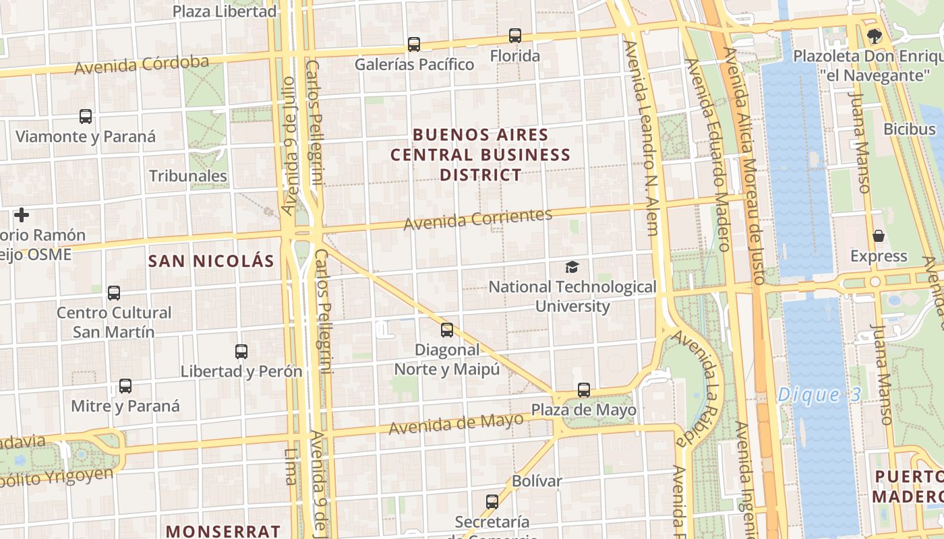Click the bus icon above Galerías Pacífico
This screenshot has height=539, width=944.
414,44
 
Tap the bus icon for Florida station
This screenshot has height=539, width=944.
515,35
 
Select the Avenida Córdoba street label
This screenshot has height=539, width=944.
142,65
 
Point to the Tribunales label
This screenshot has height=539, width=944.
188,177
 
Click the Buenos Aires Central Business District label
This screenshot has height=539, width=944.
481,155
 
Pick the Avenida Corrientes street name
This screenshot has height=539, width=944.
478,219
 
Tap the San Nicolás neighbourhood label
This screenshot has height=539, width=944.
211,261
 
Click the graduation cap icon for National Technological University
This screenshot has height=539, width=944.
572,267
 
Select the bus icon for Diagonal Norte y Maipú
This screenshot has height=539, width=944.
447,330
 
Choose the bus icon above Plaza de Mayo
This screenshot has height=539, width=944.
584,390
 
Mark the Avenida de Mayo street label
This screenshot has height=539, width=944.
456,424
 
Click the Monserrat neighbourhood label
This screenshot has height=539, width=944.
223,531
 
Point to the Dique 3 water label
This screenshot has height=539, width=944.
819,395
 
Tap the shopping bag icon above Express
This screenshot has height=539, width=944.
879,236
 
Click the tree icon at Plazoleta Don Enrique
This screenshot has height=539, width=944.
875,36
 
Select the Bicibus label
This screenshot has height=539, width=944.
910,129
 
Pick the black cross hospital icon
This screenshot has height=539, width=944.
22,215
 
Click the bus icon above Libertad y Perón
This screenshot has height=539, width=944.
241,351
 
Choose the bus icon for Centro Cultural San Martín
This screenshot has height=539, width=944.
114,293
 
